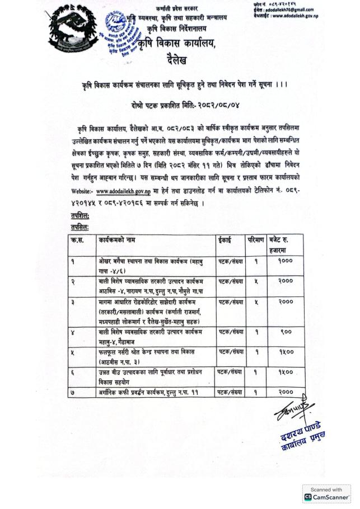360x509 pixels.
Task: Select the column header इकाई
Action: point(224,239)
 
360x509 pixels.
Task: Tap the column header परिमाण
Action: point(256,239)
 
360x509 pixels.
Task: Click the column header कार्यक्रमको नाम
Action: point(121,239)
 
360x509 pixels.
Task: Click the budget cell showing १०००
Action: point(285,261)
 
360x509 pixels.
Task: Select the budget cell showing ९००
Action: point(285,332)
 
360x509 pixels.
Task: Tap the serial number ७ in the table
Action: point(73,392)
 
